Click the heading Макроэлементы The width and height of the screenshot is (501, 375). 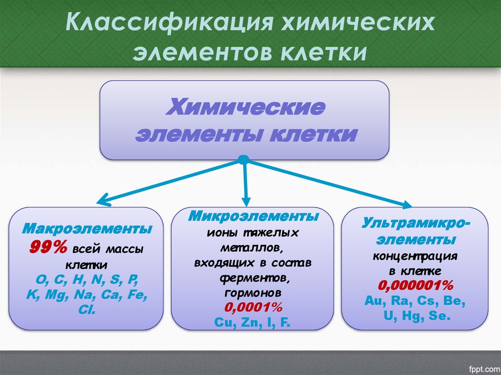coord(87,229)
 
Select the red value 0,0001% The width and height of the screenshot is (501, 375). coord(253,309)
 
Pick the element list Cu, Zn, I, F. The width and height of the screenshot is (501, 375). coord(252,322)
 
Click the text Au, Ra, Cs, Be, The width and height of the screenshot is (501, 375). coord(414,300)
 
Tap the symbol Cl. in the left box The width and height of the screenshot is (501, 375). coord(87,310)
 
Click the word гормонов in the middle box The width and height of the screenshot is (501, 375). coord(253,293)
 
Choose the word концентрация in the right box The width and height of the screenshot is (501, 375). coord(415,256)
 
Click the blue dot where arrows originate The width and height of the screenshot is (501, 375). coord(245,160)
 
